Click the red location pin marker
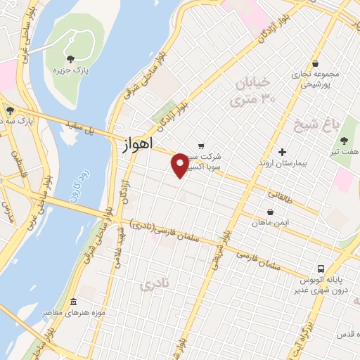[180, 165]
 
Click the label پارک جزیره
[70, 70]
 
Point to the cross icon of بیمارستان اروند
[282, 152]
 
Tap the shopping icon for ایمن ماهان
[271, 212]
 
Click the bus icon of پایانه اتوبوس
[320, 269]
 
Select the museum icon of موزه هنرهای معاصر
[74, 302]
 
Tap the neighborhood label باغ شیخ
[318, 125]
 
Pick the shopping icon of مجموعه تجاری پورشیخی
[316, 63]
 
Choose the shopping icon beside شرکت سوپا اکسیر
[201, 146]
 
